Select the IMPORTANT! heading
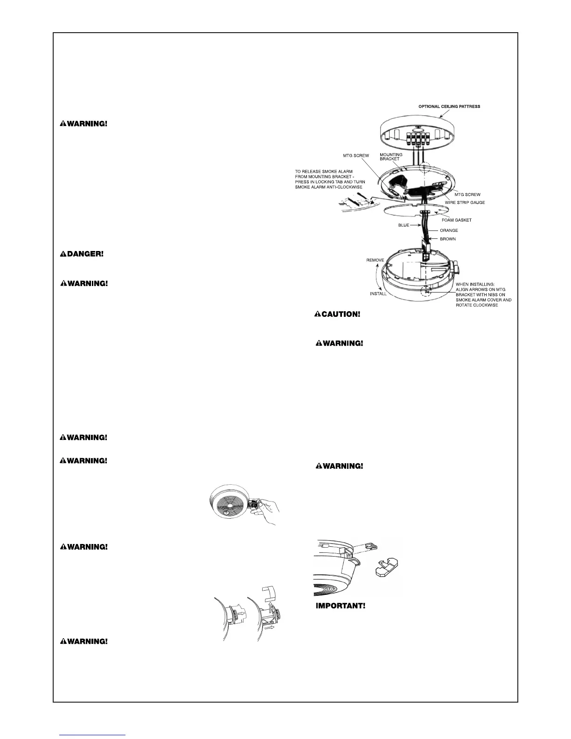pos(341,606)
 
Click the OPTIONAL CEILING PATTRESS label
pos(449,106)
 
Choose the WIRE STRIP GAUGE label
pos(465,202)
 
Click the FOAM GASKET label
pos(456,220)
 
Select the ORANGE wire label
pos(449,230)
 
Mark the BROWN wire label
pos(448,239)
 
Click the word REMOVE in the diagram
pos(375,260)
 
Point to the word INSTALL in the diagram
pos(378,294)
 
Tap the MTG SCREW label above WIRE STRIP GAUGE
pos(467,195)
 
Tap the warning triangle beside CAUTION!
pos(317,314)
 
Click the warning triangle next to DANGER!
pos(63,254)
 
